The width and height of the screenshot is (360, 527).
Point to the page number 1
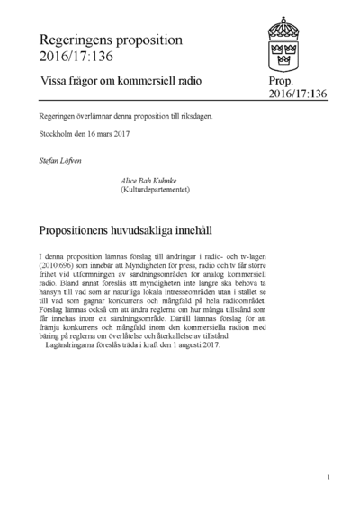tap(330, 477)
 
